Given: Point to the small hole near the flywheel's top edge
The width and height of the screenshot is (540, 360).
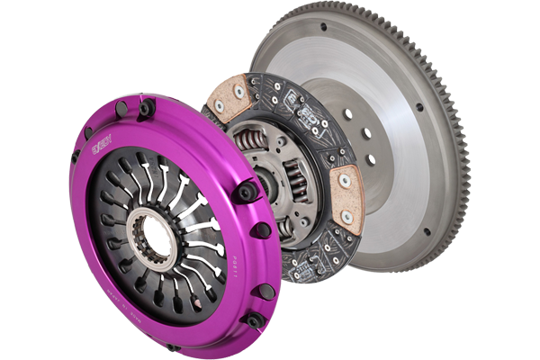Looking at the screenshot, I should click(323, 27).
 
